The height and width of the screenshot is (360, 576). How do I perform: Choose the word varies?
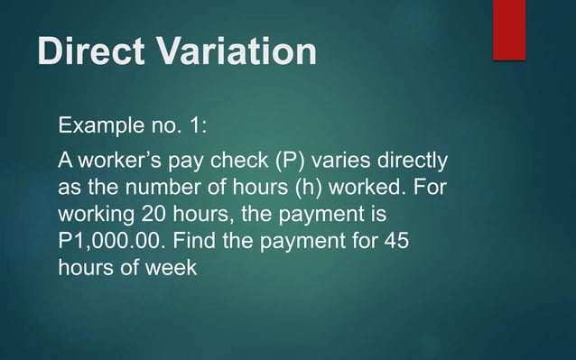pyautogui.click(x=354, y=162)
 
